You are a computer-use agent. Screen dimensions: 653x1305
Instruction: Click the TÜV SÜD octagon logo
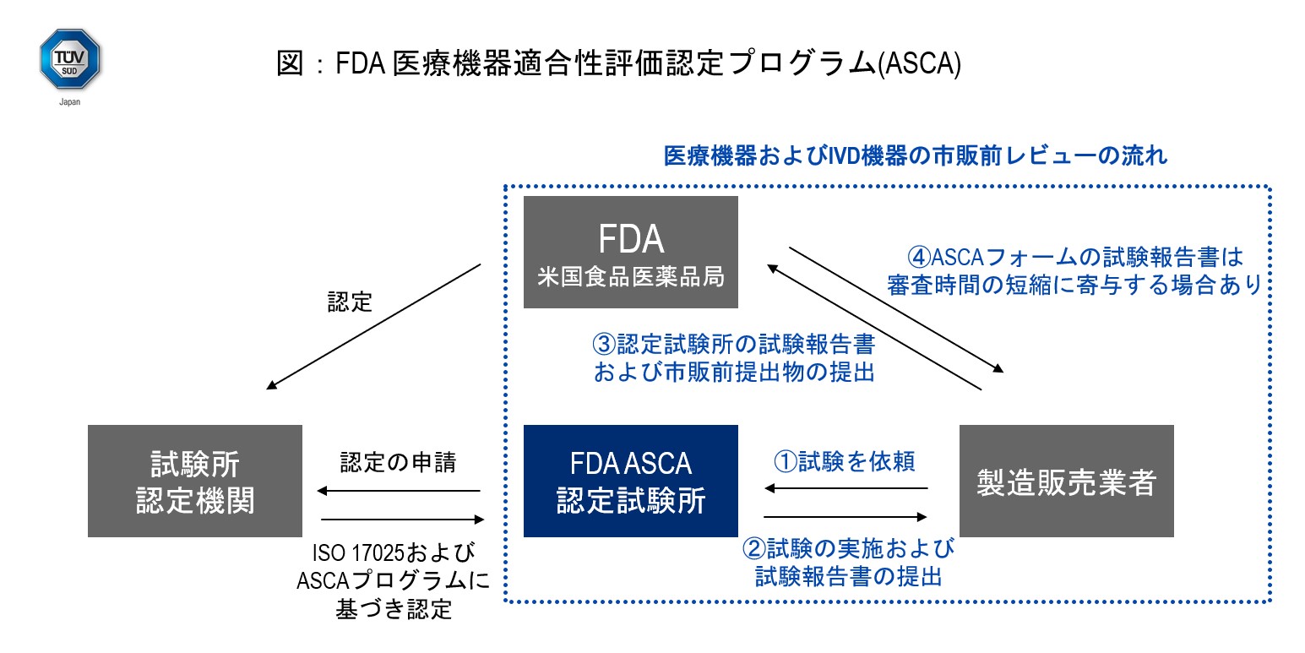click(70, 59)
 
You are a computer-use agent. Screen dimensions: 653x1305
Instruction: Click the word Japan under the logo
click(70, 101)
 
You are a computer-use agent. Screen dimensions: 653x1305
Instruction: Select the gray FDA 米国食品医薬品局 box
click(631, 253)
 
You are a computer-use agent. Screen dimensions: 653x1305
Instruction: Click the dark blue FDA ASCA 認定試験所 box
click(631, 481)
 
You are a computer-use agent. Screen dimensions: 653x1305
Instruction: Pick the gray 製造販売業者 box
click(1067, 481)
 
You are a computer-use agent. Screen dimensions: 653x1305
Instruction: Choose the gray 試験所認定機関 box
click(195, 481)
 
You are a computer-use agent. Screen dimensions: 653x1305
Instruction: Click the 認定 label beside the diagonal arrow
click(350, 302)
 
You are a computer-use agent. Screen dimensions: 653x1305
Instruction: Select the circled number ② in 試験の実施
click(754, 549)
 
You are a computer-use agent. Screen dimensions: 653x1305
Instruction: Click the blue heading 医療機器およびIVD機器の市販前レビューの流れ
click(916, 157)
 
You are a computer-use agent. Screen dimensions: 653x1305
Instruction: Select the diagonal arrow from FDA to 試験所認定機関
click(373, 326)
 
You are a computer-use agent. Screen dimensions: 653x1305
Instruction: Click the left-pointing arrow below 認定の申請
click(399, 491)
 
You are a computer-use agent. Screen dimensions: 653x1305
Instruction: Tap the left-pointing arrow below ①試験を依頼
click(846, 487)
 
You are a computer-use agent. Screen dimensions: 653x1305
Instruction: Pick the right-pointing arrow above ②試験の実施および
click(846, 516)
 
